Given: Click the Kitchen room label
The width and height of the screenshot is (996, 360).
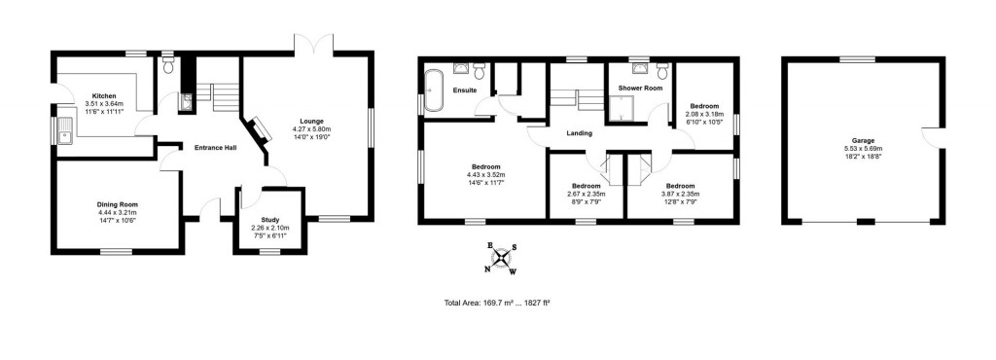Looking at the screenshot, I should coord(104,96).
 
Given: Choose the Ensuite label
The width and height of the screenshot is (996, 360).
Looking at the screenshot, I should coord(465,90).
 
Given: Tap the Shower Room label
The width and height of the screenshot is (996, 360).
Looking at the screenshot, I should coord(640,89).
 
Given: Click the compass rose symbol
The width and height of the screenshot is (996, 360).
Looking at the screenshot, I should coord(502,258).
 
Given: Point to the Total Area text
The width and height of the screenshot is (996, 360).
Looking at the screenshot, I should coord(497,304).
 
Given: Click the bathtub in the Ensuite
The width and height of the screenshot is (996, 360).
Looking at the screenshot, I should coord(435,91).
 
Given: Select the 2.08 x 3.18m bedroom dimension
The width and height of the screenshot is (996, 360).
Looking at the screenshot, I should coord(705,114).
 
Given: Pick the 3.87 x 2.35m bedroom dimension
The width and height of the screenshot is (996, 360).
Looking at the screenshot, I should coord(680,194).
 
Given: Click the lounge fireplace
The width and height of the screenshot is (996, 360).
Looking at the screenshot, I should coord(261,129).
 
